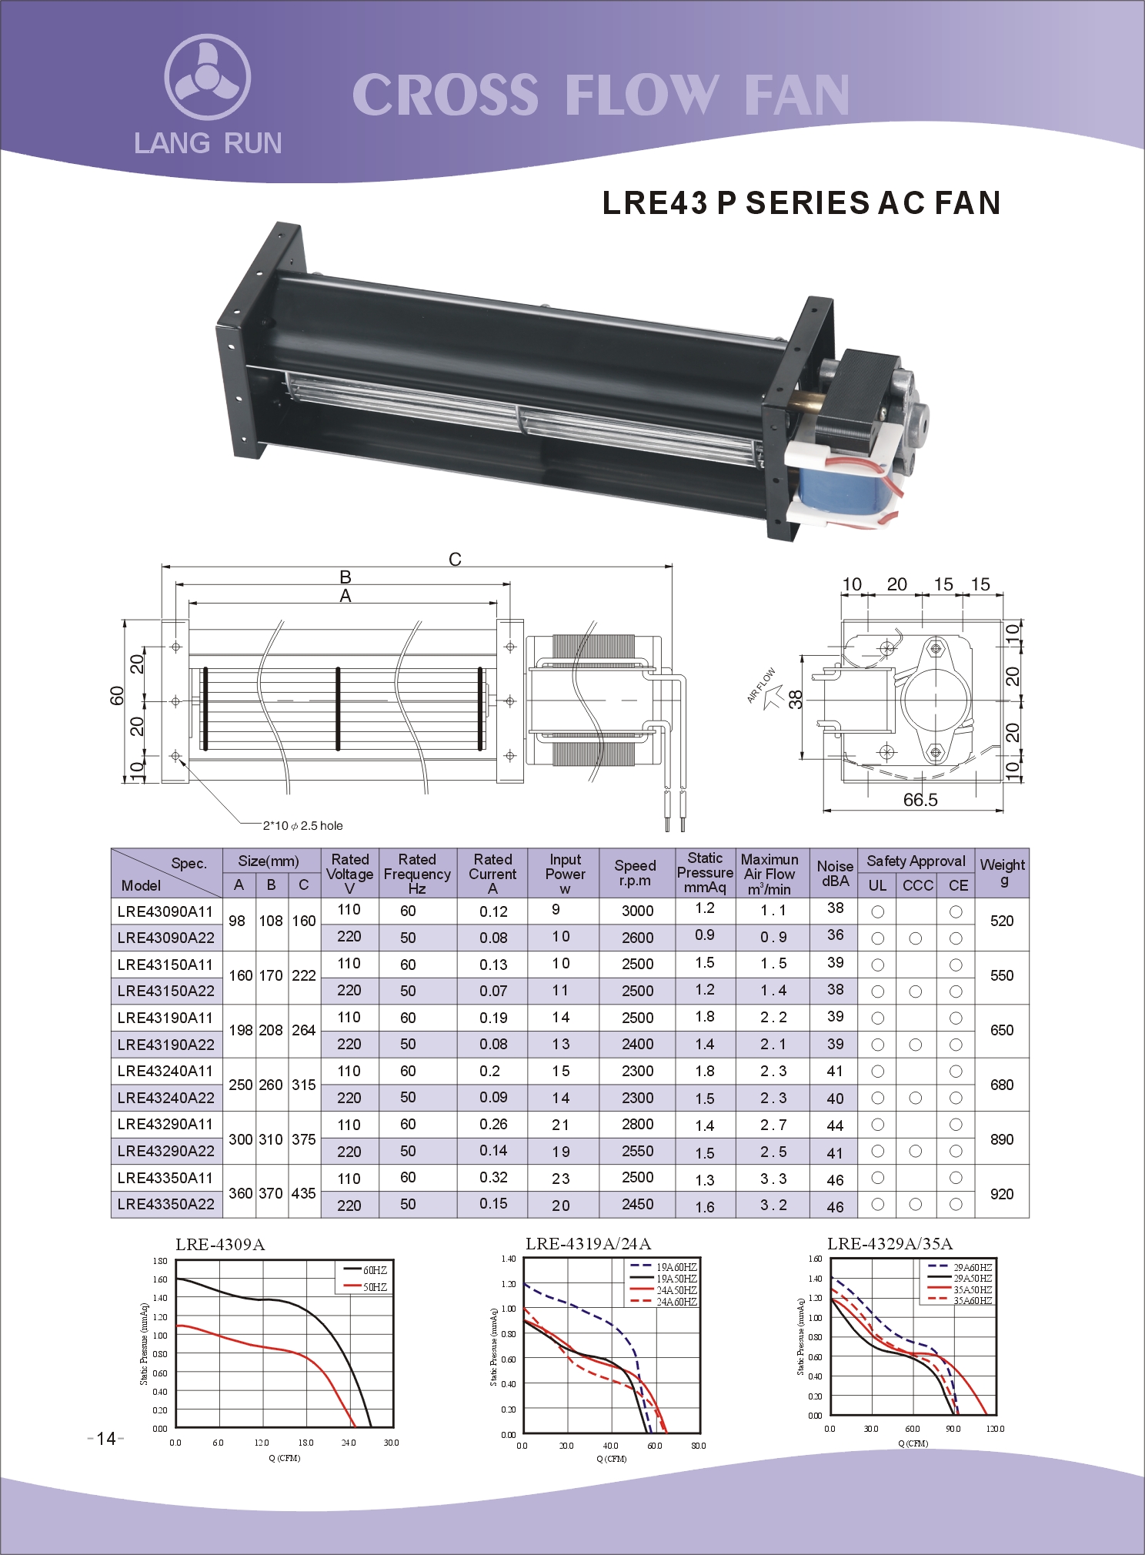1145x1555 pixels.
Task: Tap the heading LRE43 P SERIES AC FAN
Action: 801,202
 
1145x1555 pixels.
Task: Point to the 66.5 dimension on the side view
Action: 920,800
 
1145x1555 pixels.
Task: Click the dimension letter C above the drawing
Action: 455,559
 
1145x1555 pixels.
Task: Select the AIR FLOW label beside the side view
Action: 761,685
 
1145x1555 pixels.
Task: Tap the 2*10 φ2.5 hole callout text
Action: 303,825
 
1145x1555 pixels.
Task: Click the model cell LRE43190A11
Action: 165,1018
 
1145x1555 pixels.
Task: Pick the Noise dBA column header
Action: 835,873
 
